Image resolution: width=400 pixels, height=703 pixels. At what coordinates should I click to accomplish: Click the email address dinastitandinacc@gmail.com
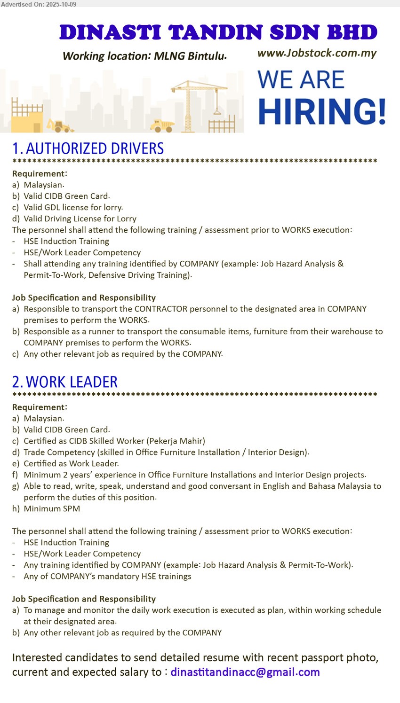pyautogui.click(x=245, y=672)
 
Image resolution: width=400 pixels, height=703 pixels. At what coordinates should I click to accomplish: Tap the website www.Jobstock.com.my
pyautogui.click(x=317, y=53)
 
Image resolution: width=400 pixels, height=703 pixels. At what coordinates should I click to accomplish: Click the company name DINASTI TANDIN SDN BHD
pyautogui.click(x=218, y=32)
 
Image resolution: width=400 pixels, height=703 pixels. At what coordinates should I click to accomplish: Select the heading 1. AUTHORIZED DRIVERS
pyautogui.click(x=88, y=148)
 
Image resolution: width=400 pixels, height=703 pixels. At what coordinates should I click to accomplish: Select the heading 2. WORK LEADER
pyautogui.click(x=65, y=382)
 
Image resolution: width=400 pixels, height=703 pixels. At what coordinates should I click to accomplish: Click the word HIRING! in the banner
pyautogui.click(x=322, y=112)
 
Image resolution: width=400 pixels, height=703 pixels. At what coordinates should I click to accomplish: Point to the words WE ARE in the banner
pyautogui.click(x=301, y=80)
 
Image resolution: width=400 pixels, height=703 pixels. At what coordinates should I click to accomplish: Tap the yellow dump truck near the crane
pyautogui.click(x=161, y=125)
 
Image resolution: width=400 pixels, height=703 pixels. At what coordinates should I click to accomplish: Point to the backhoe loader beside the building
pyautogui.click(x=60, y=125)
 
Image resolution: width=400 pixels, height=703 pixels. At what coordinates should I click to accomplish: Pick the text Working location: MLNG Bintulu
pyautogui.click(x=144, y=56)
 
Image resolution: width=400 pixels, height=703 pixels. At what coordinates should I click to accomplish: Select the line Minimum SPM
pyautogui.click(x=52, y=508)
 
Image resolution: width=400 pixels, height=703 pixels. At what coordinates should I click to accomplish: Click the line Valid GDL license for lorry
pyautogui.click(x=73, y=207)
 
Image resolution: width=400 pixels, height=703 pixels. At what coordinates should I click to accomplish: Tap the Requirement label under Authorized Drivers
pyautogui.click(x=40, y=173)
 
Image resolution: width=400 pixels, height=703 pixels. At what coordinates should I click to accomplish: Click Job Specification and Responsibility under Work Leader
pyautogui.click(x=84, y=599)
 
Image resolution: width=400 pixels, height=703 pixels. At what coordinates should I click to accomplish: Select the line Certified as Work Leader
pyautogui.click(x=71, y=463)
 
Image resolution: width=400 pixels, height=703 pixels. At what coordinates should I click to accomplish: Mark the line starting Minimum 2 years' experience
pyautogui.click(x=194, y=475)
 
